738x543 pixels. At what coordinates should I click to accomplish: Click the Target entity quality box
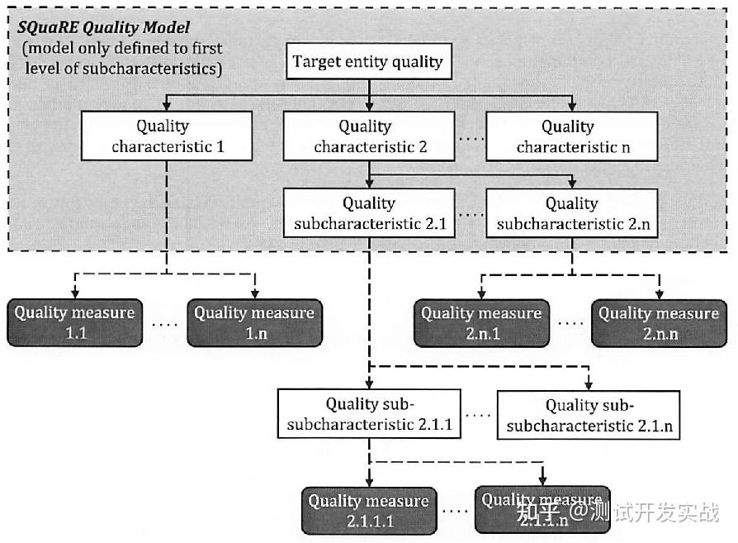(x=368, y=63)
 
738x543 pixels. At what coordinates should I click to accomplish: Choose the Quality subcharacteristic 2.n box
(x=572, y=213)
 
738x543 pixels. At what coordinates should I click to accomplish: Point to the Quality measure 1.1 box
(x=74, y=323)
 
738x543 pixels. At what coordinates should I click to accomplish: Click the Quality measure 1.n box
(x=254, y=323)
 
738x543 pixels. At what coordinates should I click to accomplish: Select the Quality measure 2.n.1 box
(x=481, y=323)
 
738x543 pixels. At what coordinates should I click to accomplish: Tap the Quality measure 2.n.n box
(x=659, y=323)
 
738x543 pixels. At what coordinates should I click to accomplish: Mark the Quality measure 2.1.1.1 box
(x=369, y=511)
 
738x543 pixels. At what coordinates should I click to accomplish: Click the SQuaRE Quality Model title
(x=103, y=28)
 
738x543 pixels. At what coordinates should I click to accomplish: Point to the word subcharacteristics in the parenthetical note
(x=154, y=69)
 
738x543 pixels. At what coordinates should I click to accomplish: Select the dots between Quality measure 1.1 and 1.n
(x=165, y=324)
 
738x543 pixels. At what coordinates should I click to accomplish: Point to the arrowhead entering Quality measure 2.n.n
(x=659, y=295)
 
